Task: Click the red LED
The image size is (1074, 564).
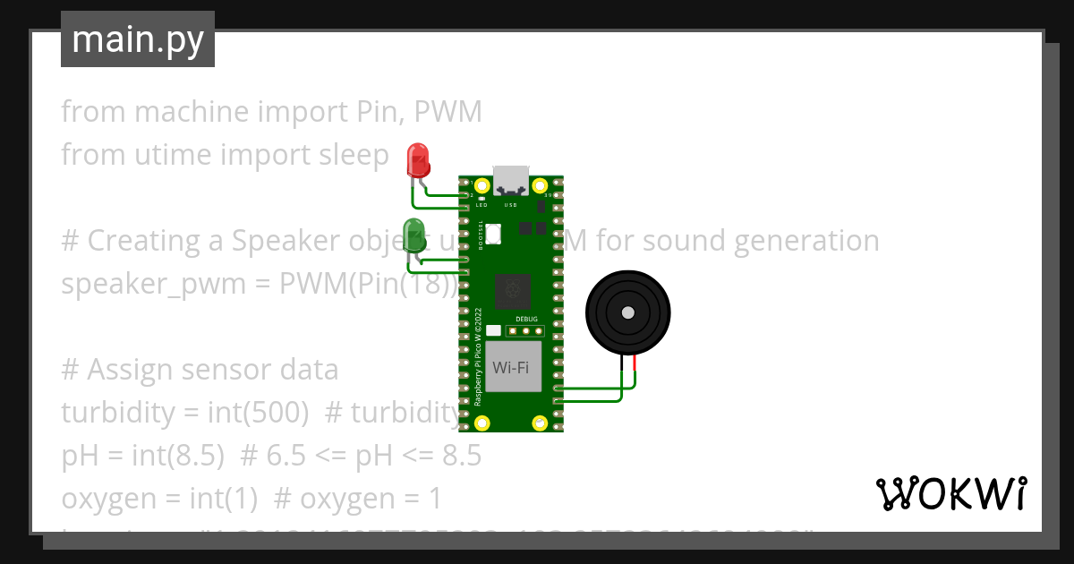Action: [x=418, y=159]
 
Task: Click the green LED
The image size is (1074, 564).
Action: [x=413, y=233]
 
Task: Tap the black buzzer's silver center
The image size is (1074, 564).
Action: [x=627, y=312]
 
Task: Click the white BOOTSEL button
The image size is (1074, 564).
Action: [x=493, y=234]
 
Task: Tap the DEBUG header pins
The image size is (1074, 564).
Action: [x=526, y=330]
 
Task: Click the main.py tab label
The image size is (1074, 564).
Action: [x=138, y=40]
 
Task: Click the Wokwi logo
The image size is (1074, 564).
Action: [x=950, y=494]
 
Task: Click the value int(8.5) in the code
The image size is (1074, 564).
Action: [x=179, y=456]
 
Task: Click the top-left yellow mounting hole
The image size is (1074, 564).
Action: [x=482, y=186]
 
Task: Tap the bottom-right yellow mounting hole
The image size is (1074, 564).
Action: [x=540, y=423]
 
